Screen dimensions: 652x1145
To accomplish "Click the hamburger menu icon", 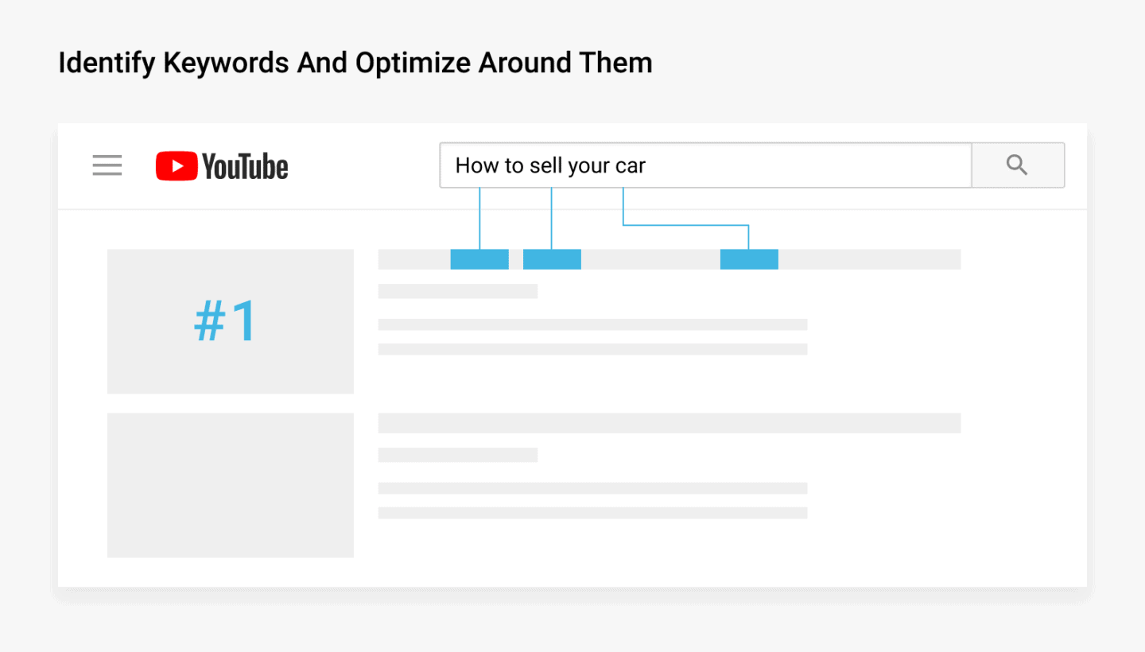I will (107, 165).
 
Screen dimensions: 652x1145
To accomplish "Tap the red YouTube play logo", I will (176, 166).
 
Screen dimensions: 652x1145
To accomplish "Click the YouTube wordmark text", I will (245, 167).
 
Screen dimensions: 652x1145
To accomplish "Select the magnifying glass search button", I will (1017, 165).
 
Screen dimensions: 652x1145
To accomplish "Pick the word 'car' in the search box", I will (631, 166).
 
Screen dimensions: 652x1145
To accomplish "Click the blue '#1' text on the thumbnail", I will (226, 321).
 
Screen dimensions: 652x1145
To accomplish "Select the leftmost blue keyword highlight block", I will (479, 259).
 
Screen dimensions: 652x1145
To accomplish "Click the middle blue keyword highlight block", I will (552, 259).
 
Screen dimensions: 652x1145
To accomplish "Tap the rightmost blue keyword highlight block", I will (749, 259).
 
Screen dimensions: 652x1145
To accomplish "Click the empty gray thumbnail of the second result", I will (231, 485).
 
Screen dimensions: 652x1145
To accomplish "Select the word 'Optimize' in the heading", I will (413, 63).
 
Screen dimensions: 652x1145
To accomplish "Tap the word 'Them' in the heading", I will (620, 63).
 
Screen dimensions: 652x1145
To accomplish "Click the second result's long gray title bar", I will (669, 423).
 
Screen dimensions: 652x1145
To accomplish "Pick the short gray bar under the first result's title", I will (458, 291).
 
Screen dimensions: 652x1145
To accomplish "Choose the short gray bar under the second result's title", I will (458, 455).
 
